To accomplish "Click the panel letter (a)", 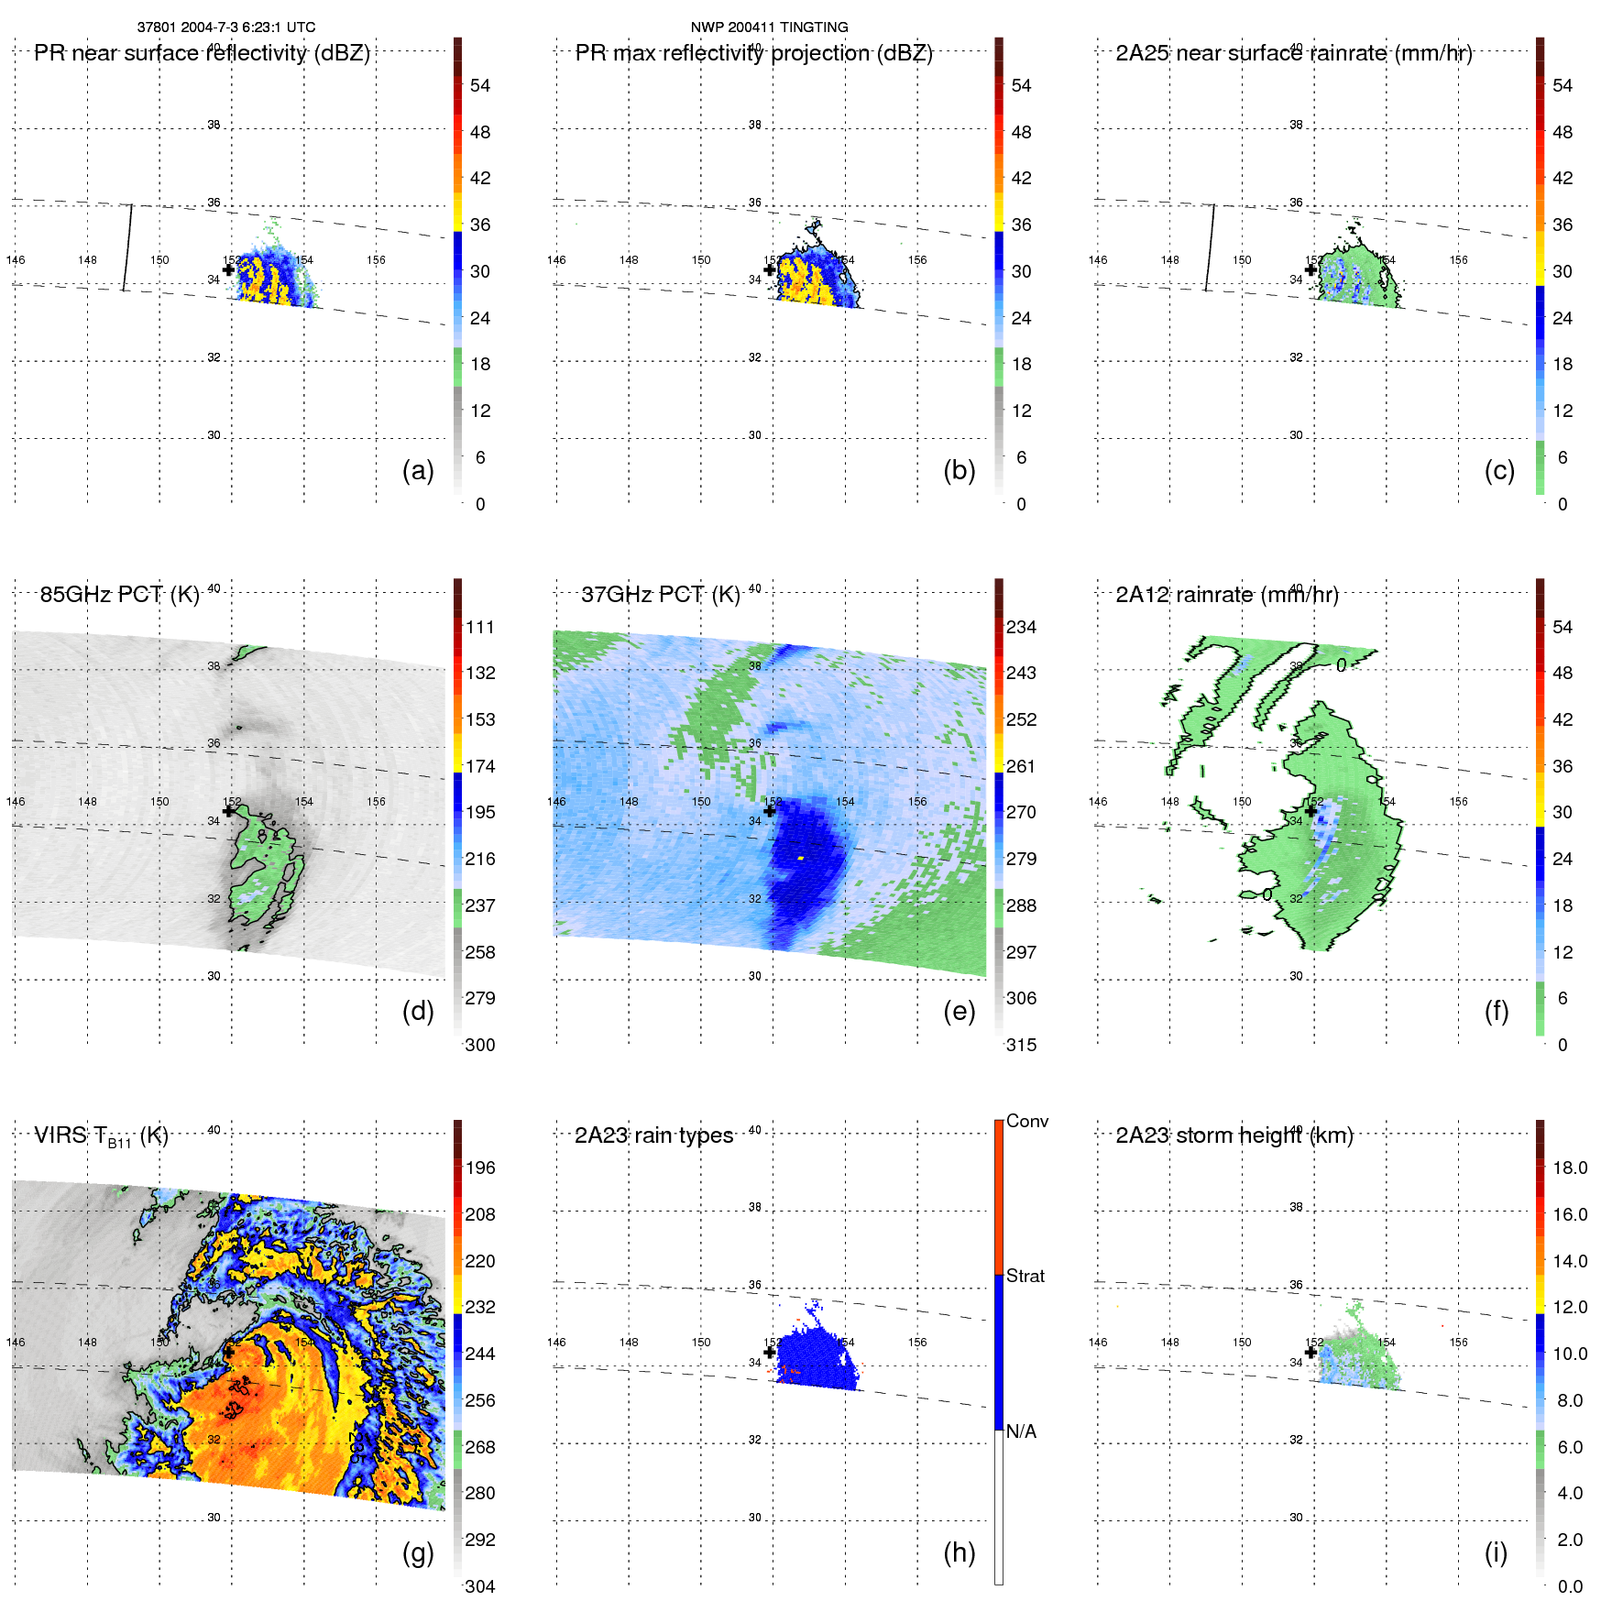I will [x=418, y=470].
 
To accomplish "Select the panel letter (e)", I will [x=959, y=1011].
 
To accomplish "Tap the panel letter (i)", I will [x=1496, y=1552].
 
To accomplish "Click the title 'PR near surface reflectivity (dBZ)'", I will [x=202, y=53].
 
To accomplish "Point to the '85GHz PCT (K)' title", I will [x=119, y=594].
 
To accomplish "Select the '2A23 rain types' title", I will [x=653, y=1135].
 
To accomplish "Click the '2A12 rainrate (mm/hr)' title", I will [x=1227, y=594].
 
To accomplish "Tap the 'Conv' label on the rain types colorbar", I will [x=1026, y=1121].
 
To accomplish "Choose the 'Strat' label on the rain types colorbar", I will [x=1025, y=1276].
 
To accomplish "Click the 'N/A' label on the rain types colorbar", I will [x=1021, y=1431].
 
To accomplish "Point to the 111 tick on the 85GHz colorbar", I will [x=480, y=627].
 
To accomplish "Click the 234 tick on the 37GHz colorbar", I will [x=1021, y=627].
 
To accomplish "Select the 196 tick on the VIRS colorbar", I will [x=480, y=1168].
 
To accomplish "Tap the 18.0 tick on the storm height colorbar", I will [x=1570, y=1168].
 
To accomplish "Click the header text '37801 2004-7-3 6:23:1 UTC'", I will [x=226, y=27].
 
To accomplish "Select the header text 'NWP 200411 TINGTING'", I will [x=769, y=27].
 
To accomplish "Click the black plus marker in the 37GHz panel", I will [x=770, y=811].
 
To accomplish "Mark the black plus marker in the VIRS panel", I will [x=228, y=1352].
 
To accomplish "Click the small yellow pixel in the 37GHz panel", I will [x=800, y=858].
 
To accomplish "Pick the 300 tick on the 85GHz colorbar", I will [x=480, y=1045].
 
